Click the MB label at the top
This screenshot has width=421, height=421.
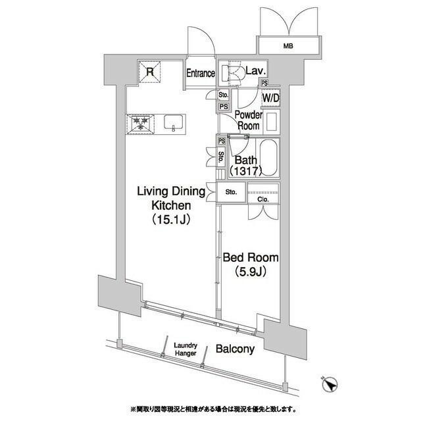(288, 46)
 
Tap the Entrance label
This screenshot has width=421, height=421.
(201, 73)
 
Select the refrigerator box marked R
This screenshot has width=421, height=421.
(150, 72)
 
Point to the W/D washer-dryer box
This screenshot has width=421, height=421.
(271, 98)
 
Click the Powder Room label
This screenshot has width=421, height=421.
(249, 120)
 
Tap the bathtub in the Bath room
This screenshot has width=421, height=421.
(268, 158)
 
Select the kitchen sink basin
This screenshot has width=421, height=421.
(174, 122)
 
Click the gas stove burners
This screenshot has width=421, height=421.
(141, 124)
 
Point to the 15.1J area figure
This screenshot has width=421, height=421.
(172, 220)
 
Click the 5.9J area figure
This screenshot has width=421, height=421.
(251, 272)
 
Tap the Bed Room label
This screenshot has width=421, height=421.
(251, 257)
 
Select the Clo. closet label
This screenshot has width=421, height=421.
(263, 199)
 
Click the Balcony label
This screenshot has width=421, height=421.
(235, 349)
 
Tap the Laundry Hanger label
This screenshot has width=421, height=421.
(186, 349)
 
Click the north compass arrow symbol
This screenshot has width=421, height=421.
(330, 384)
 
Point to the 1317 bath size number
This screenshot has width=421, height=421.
(245, 171)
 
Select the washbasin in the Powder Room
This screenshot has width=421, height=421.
(272, 122)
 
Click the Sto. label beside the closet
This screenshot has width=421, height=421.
(231, 192)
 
